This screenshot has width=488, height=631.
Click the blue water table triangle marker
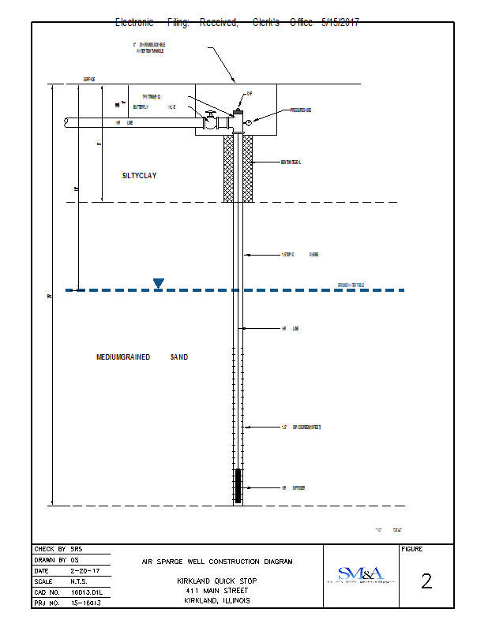tap(159, 283)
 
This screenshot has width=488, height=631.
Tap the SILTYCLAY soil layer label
tap(139, 176)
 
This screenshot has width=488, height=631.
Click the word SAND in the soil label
tap(179, 357)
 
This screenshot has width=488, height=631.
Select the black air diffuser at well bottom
tap(238, 486)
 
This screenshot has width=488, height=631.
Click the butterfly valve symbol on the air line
tap(210, 123)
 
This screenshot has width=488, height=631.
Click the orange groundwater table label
tap(350, 285)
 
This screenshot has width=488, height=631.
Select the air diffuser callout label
tap(293, 488)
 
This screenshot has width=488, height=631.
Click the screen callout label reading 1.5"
tap(301, 427)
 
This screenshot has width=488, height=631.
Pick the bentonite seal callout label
tap(291, 162)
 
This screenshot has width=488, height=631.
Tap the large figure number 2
tap(426, 581)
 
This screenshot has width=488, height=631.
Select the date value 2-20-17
tap(85, 570)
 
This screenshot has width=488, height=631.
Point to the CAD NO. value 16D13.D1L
tap(86, 592)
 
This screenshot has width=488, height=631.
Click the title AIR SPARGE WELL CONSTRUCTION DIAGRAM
tap(216, 562)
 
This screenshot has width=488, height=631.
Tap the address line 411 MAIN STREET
tap(216, 590)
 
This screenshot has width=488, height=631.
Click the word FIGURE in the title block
tap(412, 549)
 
